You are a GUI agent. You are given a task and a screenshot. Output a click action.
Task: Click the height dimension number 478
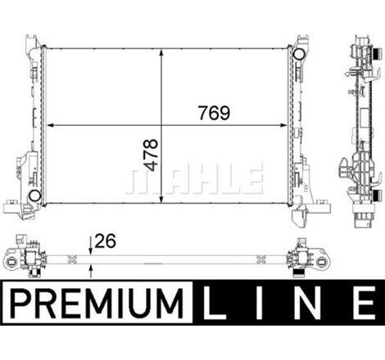151,155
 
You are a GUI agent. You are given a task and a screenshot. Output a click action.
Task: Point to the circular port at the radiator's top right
298,54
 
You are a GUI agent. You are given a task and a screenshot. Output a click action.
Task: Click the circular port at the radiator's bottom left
35,196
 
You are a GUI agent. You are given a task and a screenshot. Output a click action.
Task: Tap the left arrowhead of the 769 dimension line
52,125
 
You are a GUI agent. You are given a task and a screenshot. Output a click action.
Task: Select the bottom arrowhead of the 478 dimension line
164,200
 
